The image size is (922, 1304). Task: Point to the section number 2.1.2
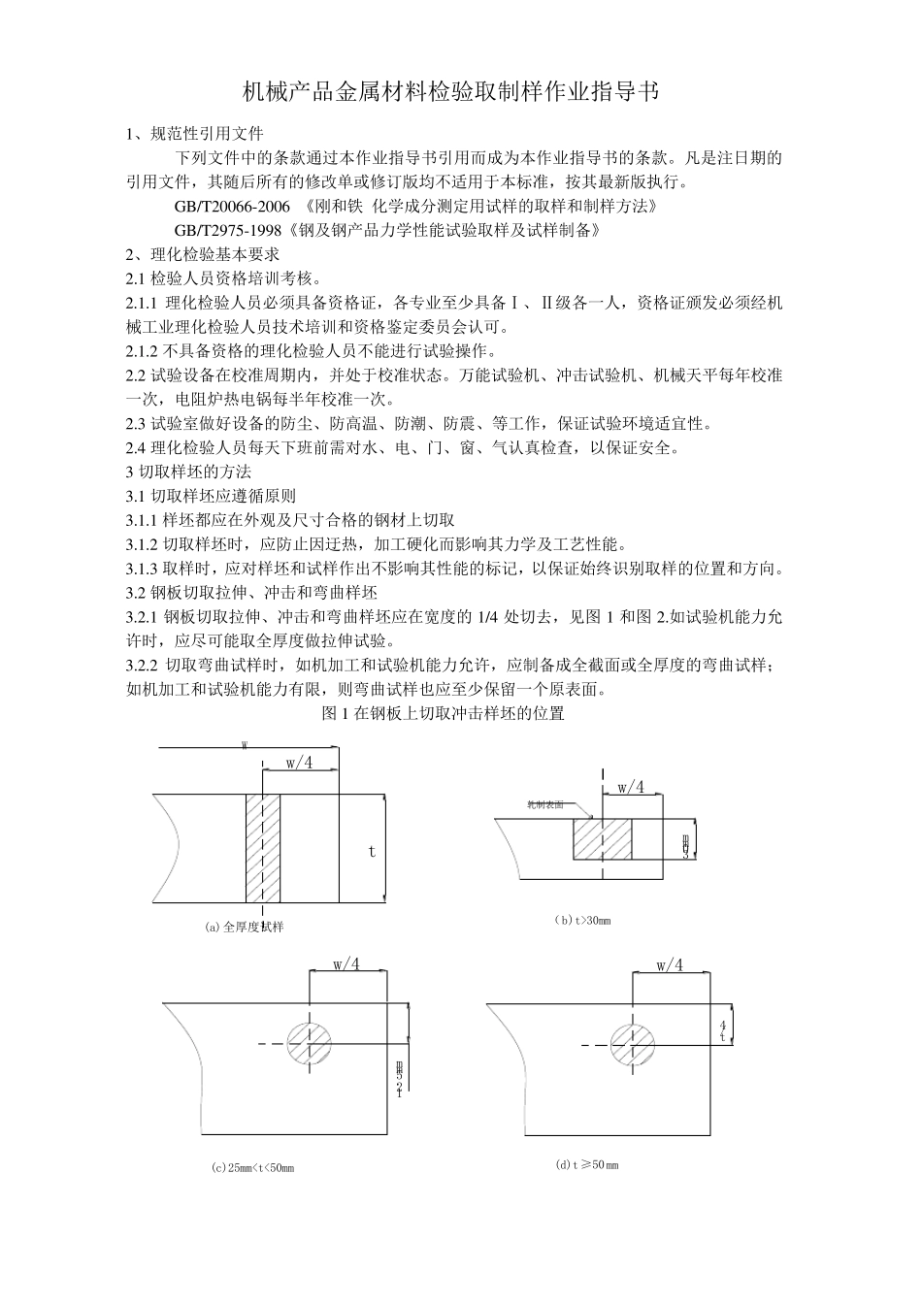point(144,350)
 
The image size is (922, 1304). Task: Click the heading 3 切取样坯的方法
point(189,472)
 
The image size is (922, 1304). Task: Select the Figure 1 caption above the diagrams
point(443,714)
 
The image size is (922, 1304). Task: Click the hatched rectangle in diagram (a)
point(263,847)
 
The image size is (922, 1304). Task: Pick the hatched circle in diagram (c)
point(310,1044)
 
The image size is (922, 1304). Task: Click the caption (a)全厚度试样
point(245,927)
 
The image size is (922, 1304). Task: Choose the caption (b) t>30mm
point(582,920)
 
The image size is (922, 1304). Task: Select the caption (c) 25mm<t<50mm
point(252,1167)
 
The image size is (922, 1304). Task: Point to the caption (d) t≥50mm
point(586,1164)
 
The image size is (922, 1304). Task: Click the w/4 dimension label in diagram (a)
point(299,764)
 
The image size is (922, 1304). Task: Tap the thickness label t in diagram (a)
point(371,851)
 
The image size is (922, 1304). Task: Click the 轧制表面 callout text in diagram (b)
point(545,804)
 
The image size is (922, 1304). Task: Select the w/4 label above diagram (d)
point(670,966)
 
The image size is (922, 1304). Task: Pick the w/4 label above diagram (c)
point(346,964)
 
